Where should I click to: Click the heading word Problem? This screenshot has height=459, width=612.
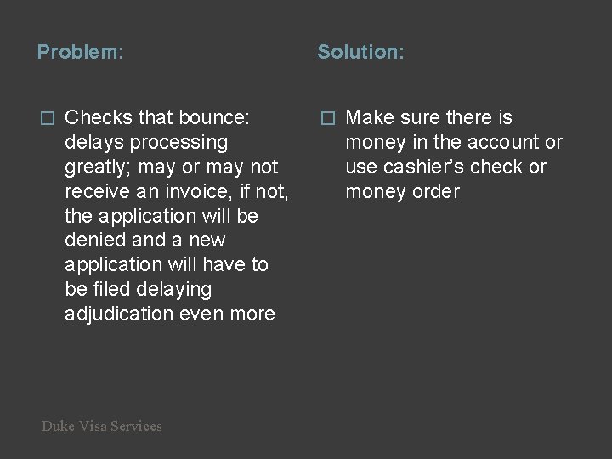(78, 53)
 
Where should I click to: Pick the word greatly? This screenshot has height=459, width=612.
(97, 167)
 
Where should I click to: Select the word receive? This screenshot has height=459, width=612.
(95, 191)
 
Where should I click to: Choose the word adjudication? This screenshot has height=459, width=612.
(119, 314)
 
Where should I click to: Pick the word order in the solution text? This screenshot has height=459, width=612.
(436, 191)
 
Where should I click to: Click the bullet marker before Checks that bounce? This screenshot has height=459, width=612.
(48, 118)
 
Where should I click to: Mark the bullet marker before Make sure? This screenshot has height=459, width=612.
(328, 118)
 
